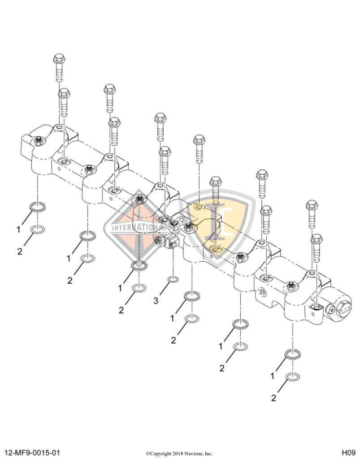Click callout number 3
point(156,301)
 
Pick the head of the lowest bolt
point(317,238)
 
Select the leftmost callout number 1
point(19,229)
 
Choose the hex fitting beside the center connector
point(158,240)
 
